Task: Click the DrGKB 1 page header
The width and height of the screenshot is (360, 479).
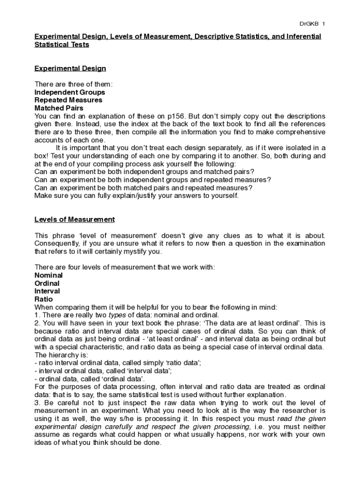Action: tap(312, 23)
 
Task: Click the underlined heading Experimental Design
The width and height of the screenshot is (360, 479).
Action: tap(70, 68)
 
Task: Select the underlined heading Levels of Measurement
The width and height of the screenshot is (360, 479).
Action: tap(74, 219)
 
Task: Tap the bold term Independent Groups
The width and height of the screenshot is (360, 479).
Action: tap(70, 92)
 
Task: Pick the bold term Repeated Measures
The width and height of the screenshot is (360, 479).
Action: tap(68, 100)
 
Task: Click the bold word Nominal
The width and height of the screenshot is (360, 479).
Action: tap(49, 276)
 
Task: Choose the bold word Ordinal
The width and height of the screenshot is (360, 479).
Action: tap(47, 283)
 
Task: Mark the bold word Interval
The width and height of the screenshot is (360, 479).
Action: tap(47, 291)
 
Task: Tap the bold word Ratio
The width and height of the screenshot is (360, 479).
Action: tap(44, 299)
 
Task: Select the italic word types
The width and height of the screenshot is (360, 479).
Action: tap(117, 315)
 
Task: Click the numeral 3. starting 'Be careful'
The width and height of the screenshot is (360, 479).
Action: tap(37, 403)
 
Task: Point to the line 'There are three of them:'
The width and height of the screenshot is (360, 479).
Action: tap(73, 84)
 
